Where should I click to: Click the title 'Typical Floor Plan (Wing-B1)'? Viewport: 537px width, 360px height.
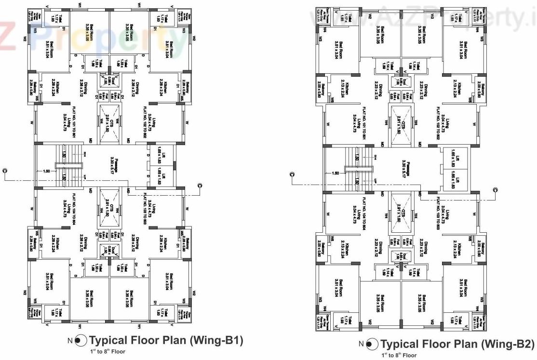click(x=166, y=341)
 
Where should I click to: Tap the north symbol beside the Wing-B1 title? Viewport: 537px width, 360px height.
click(x=81, y=341)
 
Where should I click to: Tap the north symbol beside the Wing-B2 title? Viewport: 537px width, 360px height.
click(x=371, y=345)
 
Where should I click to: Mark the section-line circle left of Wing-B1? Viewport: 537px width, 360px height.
click(x=5, y=170)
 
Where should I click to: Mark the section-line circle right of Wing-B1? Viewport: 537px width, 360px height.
click(x=200, y=185)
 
